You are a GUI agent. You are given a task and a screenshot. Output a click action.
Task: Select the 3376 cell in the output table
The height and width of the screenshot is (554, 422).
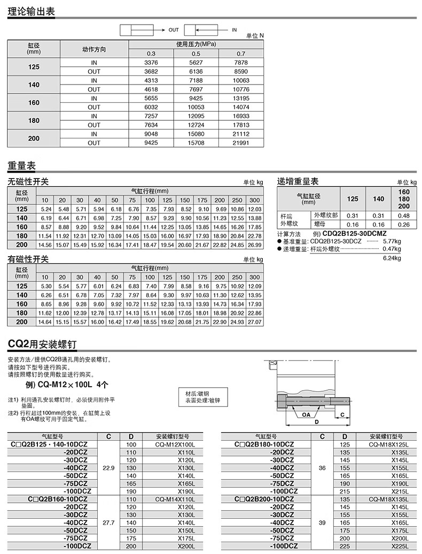click(x=151, y=63)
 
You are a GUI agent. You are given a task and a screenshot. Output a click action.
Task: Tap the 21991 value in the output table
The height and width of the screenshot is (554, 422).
click(x=241, y=143)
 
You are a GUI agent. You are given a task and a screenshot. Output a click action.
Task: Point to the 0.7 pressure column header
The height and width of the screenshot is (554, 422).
click(x=241, y=53)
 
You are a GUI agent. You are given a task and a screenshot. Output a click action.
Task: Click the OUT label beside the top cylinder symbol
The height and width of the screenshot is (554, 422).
click(x=174, y=30)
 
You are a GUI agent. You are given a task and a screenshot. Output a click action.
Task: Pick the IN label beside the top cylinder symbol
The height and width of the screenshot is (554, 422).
click(x=234, y=30)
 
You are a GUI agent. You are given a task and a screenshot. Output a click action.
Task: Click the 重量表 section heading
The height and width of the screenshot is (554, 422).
click(x=21, y=165)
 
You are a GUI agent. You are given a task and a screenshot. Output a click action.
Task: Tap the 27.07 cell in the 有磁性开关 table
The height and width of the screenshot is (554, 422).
click(x=255, y=322)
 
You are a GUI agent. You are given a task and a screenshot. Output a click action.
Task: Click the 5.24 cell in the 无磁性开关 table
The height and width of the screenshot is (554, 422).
click(x=45, y=209)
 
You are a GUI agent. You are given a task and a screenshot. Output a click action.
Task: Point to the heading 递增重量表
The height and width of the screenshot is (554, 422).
click(x=298, y=182)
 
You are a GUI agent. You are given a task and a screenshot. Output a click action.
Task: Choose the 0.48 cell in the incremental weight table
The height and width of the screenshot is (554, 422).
click(x=404, y=216)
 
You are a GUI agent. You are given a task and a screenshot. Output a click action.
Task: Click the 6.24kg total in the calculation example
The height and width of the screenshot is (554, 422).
click(x=392, y=258)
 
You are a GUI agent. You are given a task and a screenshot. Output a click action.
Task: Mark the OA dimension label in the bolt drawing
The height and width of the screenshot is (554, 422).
click(x=306, y=414)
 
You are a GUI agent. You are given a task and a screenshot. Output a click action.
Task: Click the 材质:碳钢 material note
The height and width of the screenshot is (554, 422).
click(x=197, y=394)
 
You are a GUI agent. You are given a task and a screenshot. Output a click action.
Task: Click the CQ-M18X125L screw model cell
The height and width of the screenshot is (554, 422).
click(x=388, y=444)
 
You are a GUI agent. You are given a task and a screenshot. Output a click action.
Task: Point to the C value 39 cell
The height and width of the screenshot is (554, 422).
click(x=322, y=522)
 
